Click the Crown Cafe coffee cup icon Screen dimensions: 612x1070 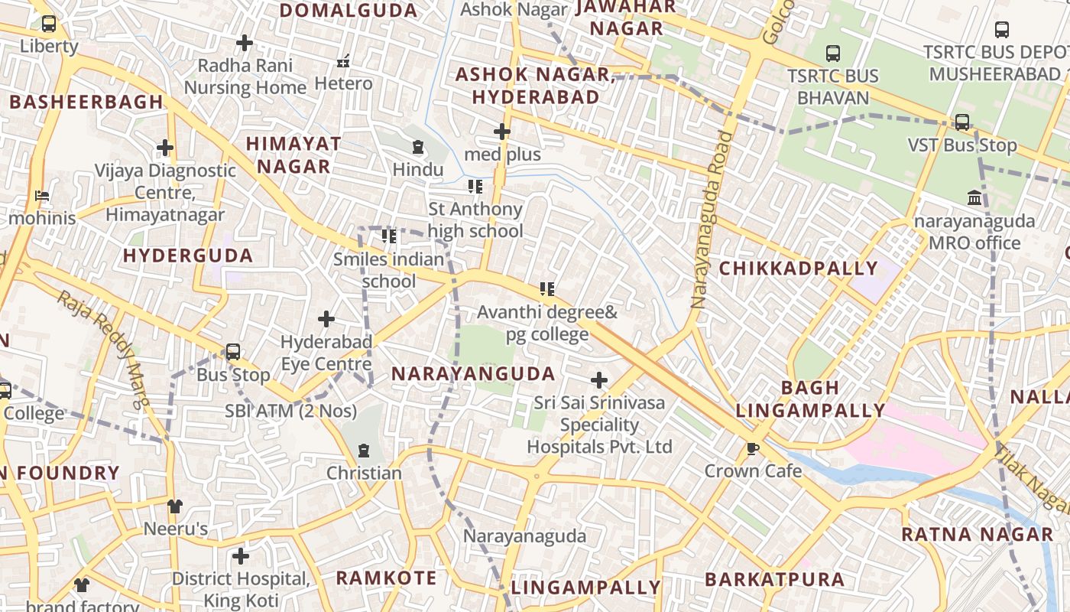coord(753,448)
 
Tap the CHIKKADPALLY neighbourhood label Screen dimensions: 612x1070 coord(798,269)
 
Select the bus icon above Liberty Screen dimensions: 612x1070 coord(49,24)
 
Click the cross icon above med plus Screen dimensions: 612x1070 coord(502,132)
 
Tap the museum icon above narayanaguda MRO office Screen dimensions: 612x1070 coord(974,199)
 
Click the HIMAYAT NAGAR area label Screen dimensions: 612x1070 coord(293,155)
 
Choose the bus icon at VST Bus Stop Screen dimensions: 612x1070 coord(962,122)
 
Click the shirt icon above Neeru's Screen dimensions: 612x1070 coord(175,506)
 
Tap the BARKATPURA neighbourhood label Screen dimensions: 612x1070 coord(775,579)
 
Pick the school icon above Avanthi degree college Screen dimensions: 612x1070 coord(547,289)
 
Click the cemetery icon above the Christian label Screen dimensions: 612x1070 coord(364,451)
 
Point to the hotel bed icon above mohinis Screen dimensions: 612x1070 coord(42,196)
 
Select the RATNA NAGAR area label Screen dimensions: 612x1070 coord(977,534)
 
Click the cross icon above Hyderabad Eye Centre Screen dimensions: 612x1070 coord(326,318)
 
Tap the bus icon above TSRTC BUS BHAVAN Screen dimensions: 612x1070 coord(833,54)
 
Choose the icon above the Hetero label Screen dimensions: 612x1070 coord(344,60)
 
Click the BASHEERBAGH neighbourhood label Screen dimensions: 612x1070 coord(86,102)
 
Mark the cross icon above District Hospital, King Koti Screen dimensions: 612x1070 coord(241,555)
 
